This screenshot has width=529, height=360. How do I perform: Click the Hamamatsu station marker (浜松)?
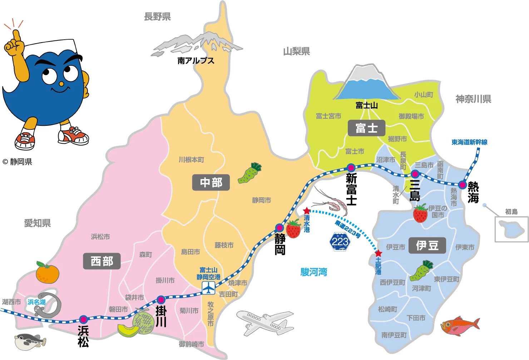pyautogui.click(x=83, y=319)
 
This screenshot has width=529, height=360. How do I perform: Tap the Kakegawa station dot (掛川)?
pyautogui.click(x=161, y=300)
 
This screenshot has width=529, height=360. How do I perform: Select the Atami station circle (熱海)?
pyautogui.click(x=463, y=185)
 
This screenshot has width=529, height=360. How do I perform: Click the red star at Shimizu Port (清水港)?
pyautogui.click(x=306, y=211)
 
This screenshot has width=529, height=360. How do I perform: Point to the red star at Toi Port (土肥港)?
pyautogui.click(x=378, y=253)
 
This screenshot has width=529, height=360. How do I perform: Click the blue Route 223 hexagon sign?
pyautogui.click(x=340, y=241)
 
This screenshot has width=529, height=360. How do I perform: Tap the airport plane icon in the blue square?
pyautogui.click(x=208, y=287)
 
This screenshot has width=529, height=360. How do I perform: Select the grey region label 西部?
pyautogui.click(x=102, y=261)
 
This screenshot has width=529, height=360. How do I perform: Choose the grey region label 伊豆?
pyautogui.click(x=427, y=245)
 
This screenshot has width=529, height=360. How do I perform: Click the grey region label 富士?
pyautogui.click(x=366, y=128)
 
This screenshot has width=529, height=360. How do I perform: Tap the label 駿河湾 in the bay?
pyautogui.click(x=313, y=272)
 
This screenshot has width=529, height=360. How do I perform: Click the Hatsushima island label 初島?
pyautogui.click(x=511, y=212)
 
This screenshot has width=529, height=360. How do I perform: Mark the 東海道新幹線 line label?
pyautogui.click(x=469, y=142)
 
